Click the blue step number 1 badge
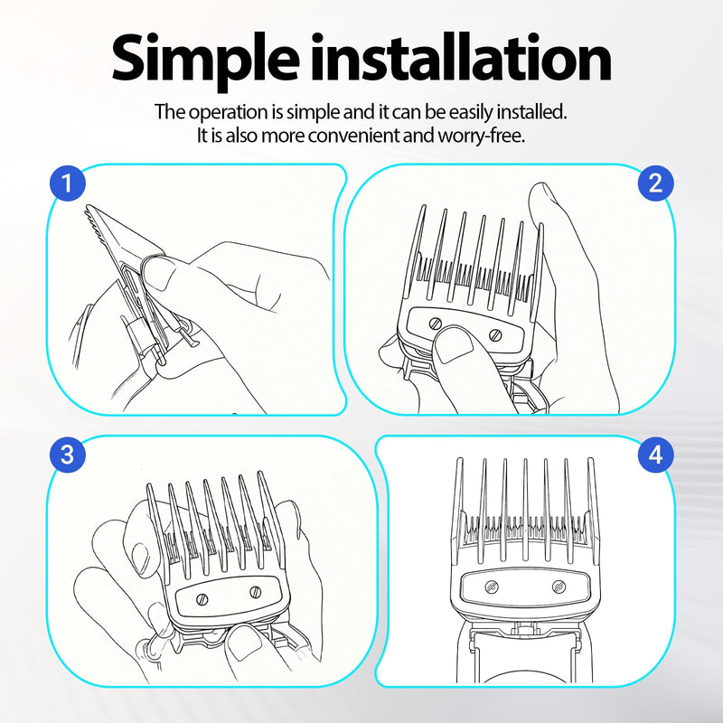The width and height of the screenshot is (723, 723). click(x=68, y=183)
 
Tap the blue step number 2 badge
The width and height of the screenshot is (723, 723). click(x=656, y=183)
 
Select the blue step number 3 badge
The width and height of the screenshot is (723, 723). click(x=68, y=455)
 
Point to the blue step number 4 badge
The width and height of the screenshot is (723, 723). click(x=656, y=455)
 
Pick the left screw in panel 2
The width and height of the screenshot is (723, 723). click(x=436, y=324)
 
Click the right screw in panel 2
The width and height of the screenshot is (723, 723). click(x=495, y=334)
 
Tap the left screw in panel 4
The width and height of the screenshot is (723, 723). click(x=492, y=587)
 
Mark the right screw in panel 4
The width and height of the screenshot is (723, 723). click(x=559, y=587)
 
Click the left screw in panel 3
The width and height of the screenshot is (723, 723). click(x=202, y=599)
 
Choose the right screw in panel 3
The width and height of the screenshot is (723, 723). click(x=256, y=592)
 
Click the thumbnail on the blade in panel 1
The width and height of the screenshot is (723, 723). click(x=159, y=274)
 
